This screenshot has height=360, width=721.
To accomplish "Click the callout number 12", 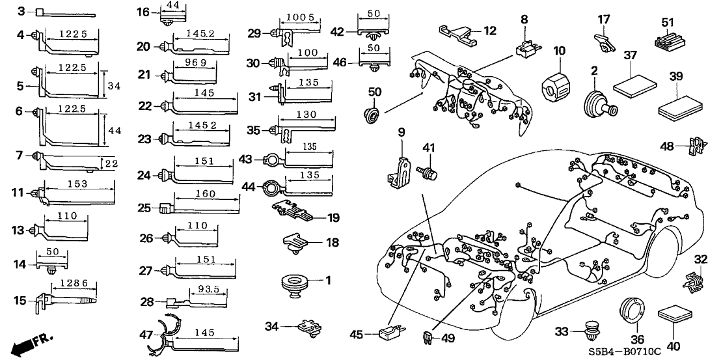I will (489, 30).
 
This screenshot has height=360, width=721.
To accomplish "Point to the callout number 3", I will (20, 12).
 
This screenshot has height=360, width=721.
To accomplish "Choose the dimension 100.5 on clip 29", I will (302, 17).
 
